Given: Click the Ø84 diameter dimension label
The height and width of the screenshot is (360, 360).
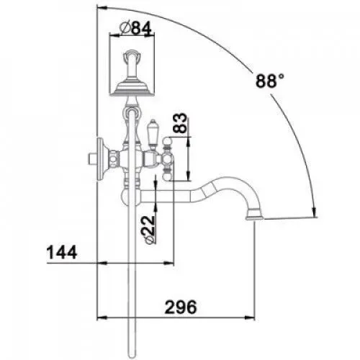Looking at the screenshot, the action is pyautogui.click(x=135, y=29).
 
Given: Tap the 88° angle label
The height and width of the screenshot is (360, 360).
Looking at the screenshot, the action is pyautogui.click(x=270, y=81).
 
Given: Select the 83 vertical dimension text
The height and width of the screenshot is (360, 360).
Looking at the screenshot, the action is pyautogui.click(x=180, y=123).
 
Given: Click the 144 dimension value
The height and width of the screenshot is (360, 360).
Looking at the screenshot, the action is pyautogui.click(x=62, y=252).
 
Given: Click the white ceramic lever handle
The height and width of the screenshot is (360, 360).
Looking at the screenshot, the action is pyautogui.click(x=153, y=135).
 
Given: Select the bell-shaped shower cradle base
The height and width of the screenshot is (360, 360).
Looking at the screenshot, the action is pyautogui.click(x=132, y=89).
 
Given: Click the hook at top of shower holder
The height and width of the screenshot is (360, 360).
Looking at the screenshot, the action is pyautogui.click(x=131, y=55).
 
